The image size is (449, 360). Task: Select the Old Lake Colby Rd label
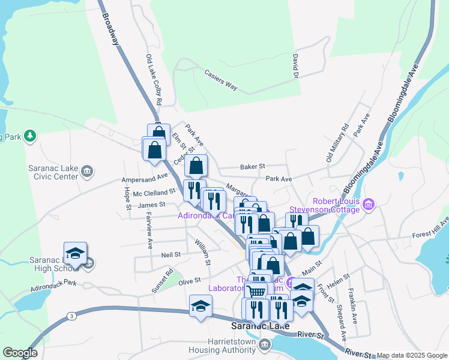click(x=153, y=80)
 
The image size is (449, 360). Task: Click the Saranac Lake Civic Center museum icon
click(x=87, y=173)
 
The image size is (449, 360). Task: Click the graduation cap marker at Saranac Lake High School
click(x=75, y=254)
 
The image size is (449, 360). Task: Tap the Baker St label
click(x=252, y=166)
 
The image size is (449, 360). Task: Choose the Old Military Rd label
click(x=337, y=143)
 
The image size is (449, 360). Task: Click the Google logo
click(x=20, y=353)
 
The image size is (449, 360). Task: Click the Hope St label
click(x=127, y=199)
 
